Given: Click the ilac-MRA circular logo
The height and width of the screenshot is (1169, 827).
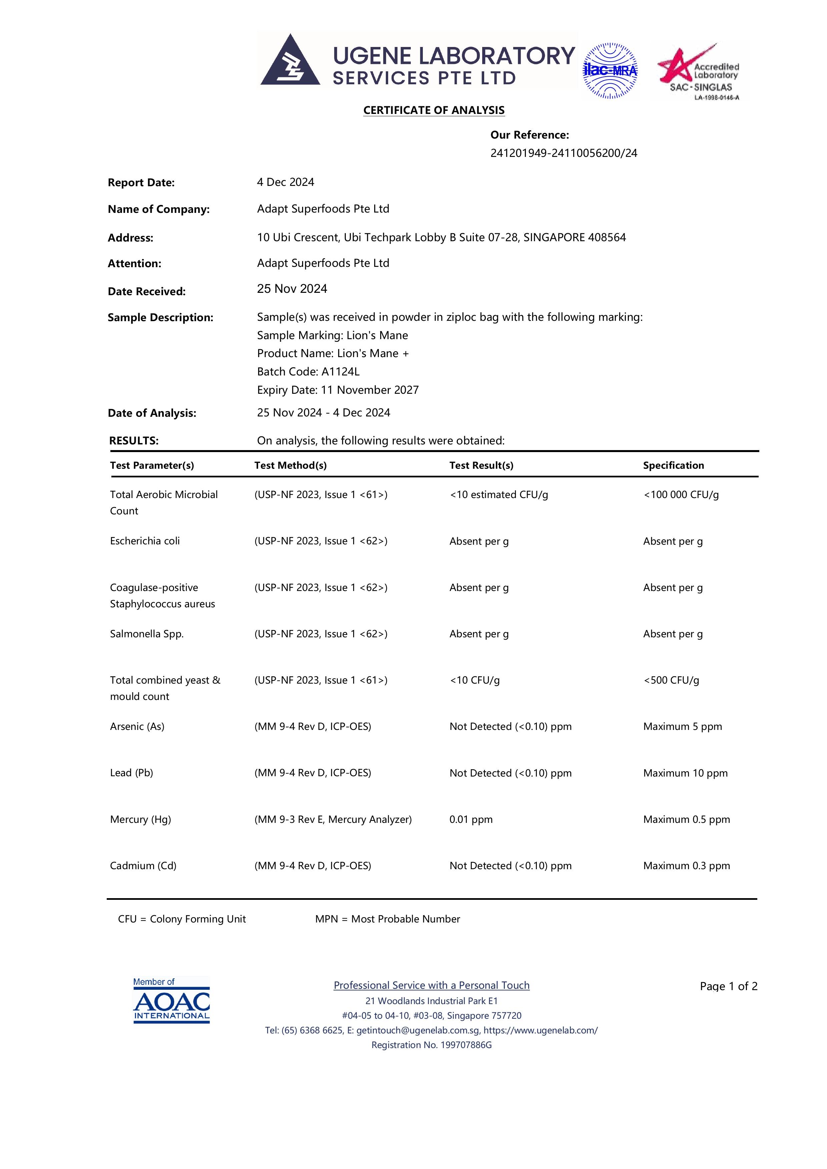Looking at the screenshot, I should point(610,71).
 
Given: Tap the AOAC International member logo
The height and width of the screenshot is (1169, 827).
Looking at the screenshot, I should point(171,1000).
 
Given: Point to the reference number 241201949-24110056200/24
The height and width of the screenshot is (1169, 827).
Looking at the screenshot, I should point(564,153).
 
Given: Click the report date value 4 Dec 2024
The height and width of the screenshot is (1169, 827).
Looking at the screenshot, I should point(285,182).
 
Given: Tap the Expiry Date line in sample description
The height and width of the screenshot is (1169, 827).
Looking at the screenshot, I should point(337,390).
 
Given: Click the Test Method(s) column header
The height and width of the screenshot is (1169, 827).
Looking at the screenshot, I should point(290,465).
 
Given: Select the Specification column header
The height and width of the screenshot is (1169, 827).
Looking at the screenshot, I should point(673,465).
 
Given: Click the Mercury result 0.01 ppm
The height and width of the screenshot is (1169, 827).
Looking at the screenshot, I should point(471,819).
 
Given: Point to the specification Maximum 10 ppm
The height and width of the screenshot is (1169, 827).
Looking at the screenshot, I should point(685,773).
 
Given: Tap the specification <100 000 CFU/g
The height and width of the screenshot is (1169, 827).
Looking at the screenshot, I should point(681,494).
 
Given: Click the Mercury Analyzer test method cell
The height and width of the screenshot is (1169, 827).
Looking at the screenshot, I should point(333,819).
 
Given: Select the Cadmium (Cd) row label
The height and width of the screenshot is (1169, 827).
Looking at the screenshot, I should point(143,866).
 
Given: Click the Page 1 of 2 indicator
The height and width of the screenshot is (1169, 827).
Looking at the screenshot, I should point(728,986).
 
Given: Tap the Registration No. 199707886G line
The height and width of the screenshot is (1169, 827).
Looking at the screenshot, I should point(431,1045).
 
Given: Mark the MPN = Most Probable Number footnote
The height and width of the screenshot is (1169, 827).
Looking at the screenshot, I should point(387,919).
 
